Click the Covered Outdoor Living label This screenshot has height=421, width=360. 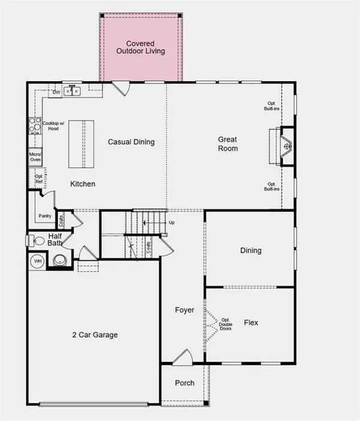(140, 47)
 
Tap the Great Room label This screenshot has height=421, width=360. (227, 144)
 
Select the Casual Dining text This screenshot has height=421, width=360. (131, 142)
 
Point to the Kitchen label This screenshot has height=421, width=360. (83, 184)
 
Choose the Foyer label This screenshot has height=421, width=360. (184, 310)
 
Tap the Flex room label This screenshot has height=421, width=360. (251, 323)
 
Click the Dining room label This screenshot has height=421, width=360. (251, 250)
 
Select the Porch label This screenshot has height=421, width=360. (184, 383)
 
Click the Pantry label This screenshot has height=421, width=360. (44, 216)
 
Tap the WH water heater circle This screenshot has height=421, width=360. (37, 262)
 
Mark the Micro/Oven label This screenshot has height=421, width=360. (35, 157)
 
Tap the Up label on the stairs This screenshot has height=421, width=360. (172, 222)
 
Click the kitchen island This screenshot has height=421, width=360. (82, 145)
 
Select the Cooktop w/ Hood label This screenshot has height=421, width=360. (51, 126)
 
